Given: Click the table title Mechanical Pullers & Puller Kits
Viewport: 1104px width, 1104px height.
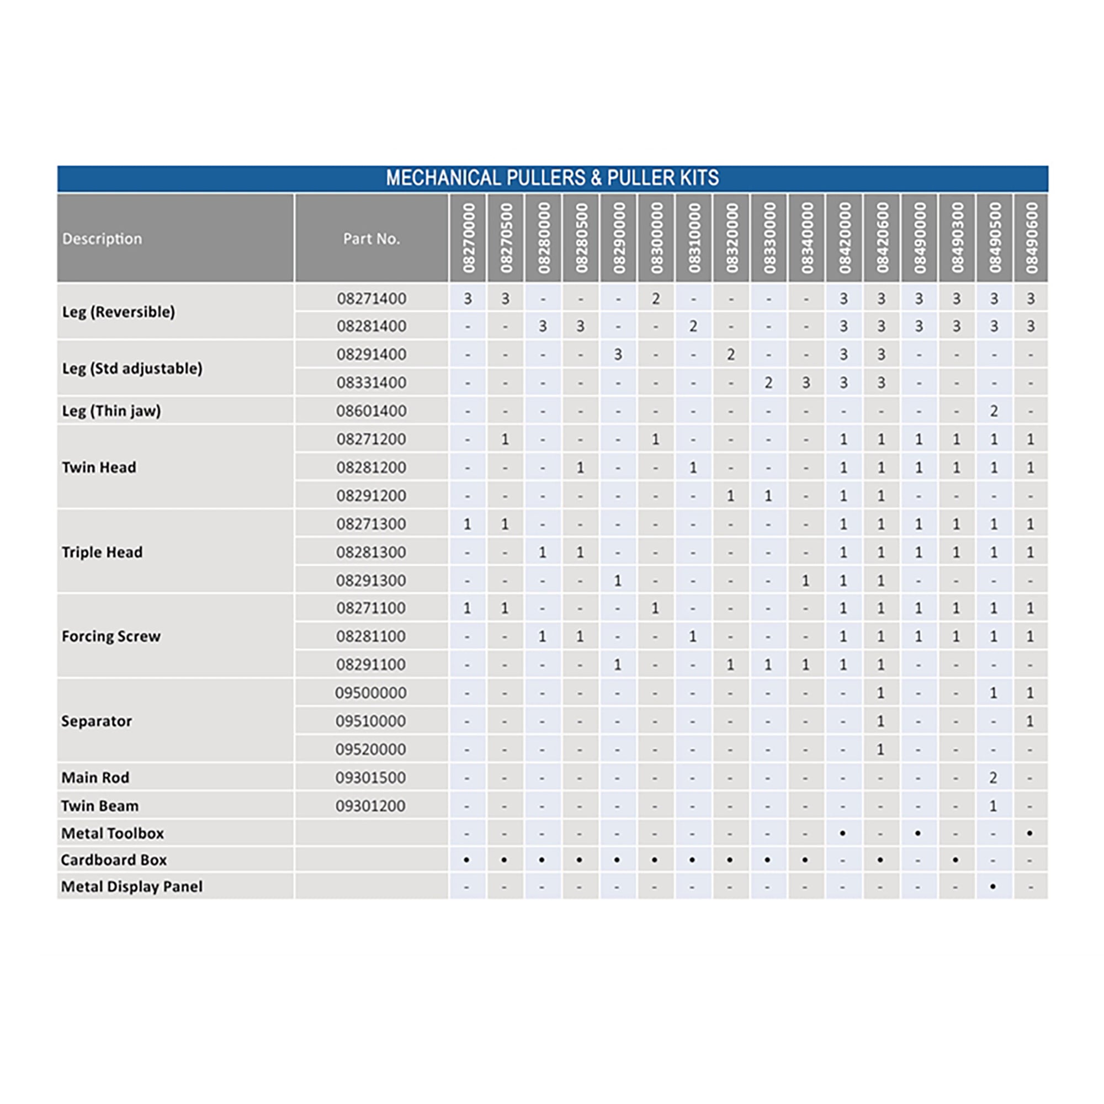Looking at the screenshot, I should [x=552, y=178].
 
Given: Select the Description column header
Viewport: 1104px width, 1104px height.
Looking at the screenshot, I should [x=102, y=238].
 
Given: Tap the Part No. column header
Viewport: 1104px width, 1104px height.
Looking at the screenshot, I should [x=371, y=238].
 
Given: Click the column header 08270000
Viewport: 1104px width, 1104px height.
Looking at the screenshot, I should [x=468, y=238].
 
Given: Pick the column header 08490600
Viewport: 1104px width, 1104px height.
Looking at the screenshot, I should [x=1031, y=238].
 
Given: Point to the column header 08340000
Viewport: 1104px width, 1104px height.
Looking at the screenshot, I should [x=806, y=238].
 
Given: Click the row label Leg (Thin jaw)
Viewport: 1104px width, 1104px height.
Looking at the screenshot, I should [x=112, y=410].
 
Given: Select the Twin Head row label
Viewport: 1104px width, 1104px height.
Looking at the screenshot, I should [x=99, y=467].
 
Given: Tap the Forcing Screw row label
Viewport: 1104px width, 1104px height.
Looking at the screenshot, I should [x=111, y=636].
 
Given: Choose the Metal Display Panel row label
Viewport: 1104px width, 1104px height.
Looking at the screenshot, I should [x=131, y=887].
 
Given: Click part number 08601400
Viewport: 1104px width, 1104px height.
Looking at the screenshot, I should [x=371, y=410].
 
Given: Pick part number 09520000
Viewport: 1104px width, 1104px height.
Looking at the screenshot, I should [x=371, y=749].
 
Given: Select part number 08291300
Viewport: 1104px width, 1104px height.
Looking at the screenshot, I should [x=371, y=580].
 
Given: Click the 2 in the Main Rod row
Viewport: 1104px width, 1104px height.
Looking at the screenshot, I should [x=994, y=777].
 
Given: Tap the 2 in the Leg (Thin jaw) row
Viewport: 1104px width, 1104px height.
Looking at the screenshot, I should [x=994, y=410].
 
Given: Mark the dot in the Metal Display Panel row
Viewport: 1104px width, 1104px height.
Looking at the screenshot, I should [x=993, y=887].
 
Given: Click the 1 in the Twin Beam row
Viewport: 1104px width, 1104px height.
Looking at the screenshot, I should [x=993, y=806].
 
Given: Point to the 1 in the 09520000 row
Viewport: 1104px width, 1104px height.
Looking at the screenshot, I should [x=880, y=749].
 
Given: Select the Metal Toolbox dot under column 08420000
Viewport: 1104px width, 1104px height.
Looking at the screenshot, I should [x=843, y=833].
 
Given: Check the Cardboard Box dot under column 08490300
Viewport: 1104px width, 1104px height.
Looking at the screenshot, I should [x=956, y=859].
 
